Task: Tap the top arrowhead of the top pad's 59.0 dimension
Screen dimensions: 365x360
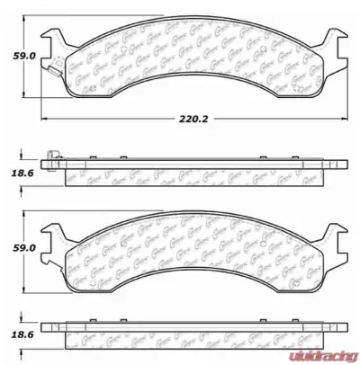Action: [x=36, y=22]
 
